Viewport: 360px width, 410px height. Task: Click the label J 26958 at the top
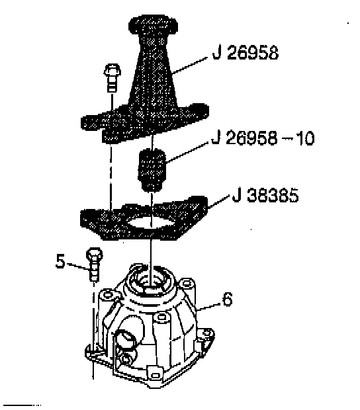pos(245,53)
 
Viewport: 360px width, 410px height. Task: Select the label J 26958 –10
pos(263,138)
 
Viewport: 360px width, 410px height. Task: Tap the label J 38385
pos(265,195)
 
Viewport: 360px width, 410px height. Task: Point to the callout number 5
pos(60,261)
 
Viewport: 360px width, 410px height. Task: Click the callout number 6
pos(227,299)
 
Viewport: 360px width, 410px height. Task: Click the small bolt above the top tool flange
pos(112,77)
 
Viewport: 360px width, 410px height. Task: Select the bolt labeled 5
pos(94,265)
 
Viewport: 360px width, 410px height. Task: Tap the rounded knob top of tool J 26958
pos(153,25)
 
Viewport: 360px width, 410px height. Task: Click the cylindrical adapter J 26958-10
pos(152,170)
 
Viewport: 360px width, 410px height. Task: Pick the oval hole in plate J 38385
pos(152,223)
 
